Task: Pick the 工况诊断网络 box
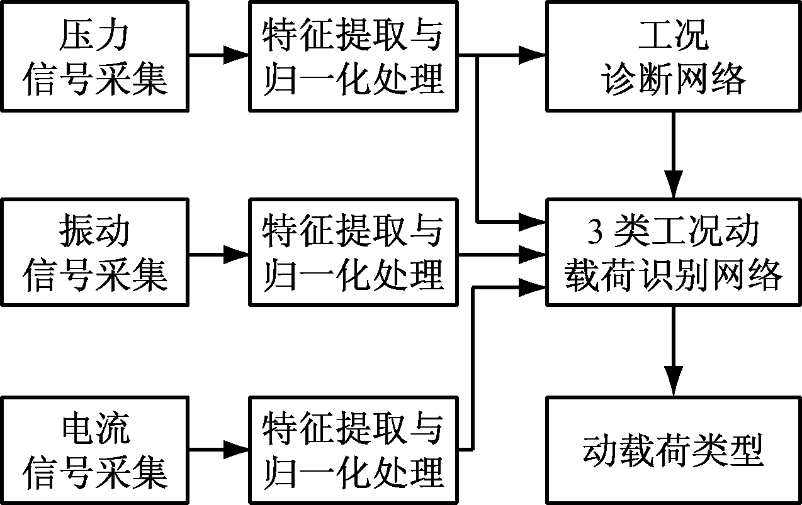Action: pyautogui.click(x=674, y=57)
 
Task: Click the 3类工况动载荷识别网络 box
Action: pyautogui.click(x=674, y=253)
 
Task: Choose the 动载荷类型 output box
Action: pyautogui.click(x=674, y=450)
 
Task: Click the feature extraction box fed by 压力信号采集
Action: pyautogui.click(x=353, y=57)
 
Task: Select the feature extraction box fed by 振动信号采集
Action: pyautogui.click(x=353, y=253)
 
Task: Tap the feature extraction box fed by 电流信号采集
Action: pyautogui.click(x=353, y=450)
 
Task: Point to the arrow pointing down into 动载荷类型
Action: pyautogui.click(x=674, y=352)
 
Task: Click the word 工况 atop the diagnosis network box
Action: pyautogui.click(x=674, y=36)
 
